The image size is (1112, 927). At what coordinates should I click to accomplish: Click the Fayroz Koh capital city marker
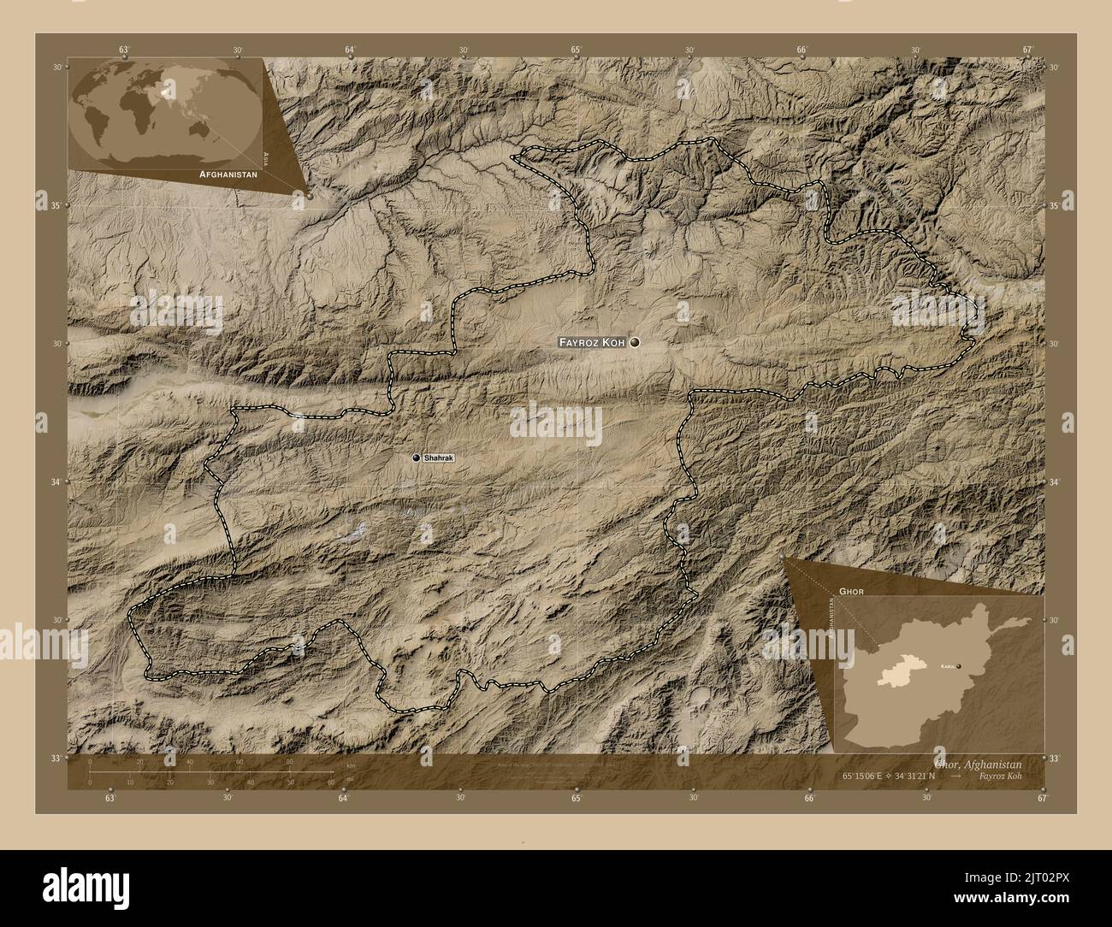[635, 342]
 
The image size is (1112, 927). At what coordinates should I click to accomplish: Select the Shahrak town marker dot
[417, 458]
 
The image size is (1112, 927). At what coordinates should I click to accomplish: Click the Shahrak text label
[439, 458]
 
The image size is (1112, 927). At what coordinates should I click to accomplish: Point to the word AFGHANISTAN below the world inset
[228, 174]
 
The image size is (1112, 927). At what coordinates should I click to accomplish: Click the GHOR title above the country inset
[851, 591]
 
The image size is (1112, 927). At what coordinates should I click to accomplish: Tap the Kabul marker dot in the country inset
[959, 665]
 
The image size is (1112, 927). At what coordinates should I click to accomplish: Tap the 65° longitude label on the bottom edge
[577, 799]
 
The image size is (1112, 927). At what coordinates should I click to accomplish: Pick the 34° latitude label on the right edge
[1054, 482]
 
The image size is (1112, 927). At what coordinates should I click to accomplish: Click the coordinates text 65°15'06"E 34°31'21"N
[912, 774]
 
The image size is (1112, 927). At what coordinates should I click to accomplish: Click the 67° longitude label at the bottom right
[1042, 799]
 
